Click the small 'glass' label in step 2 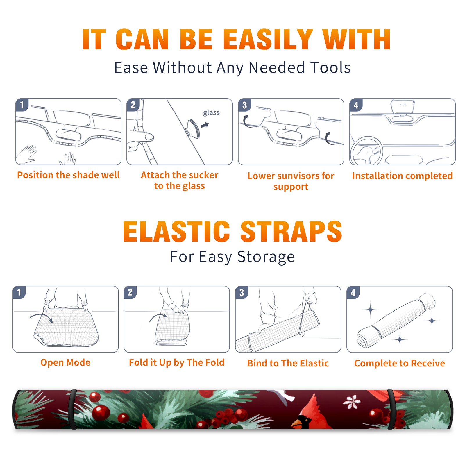click(211, 113)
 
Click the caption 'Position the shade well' click(68, 175)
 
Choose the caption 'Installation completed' click(402, 176)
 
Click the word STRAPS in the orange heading click(291, 231)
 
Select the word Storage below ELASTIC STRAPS click(266, 257)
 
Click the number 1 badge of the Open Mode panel click(19, 292)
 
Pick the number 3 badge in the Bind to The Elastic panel click(242, 292)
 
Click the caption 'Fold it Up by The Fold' click(177, 363)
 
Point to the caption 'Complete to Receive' click(400, 363)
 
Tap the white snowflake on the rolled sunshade click(352, 402)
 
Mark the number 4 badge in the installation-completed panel click(356, 105)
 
